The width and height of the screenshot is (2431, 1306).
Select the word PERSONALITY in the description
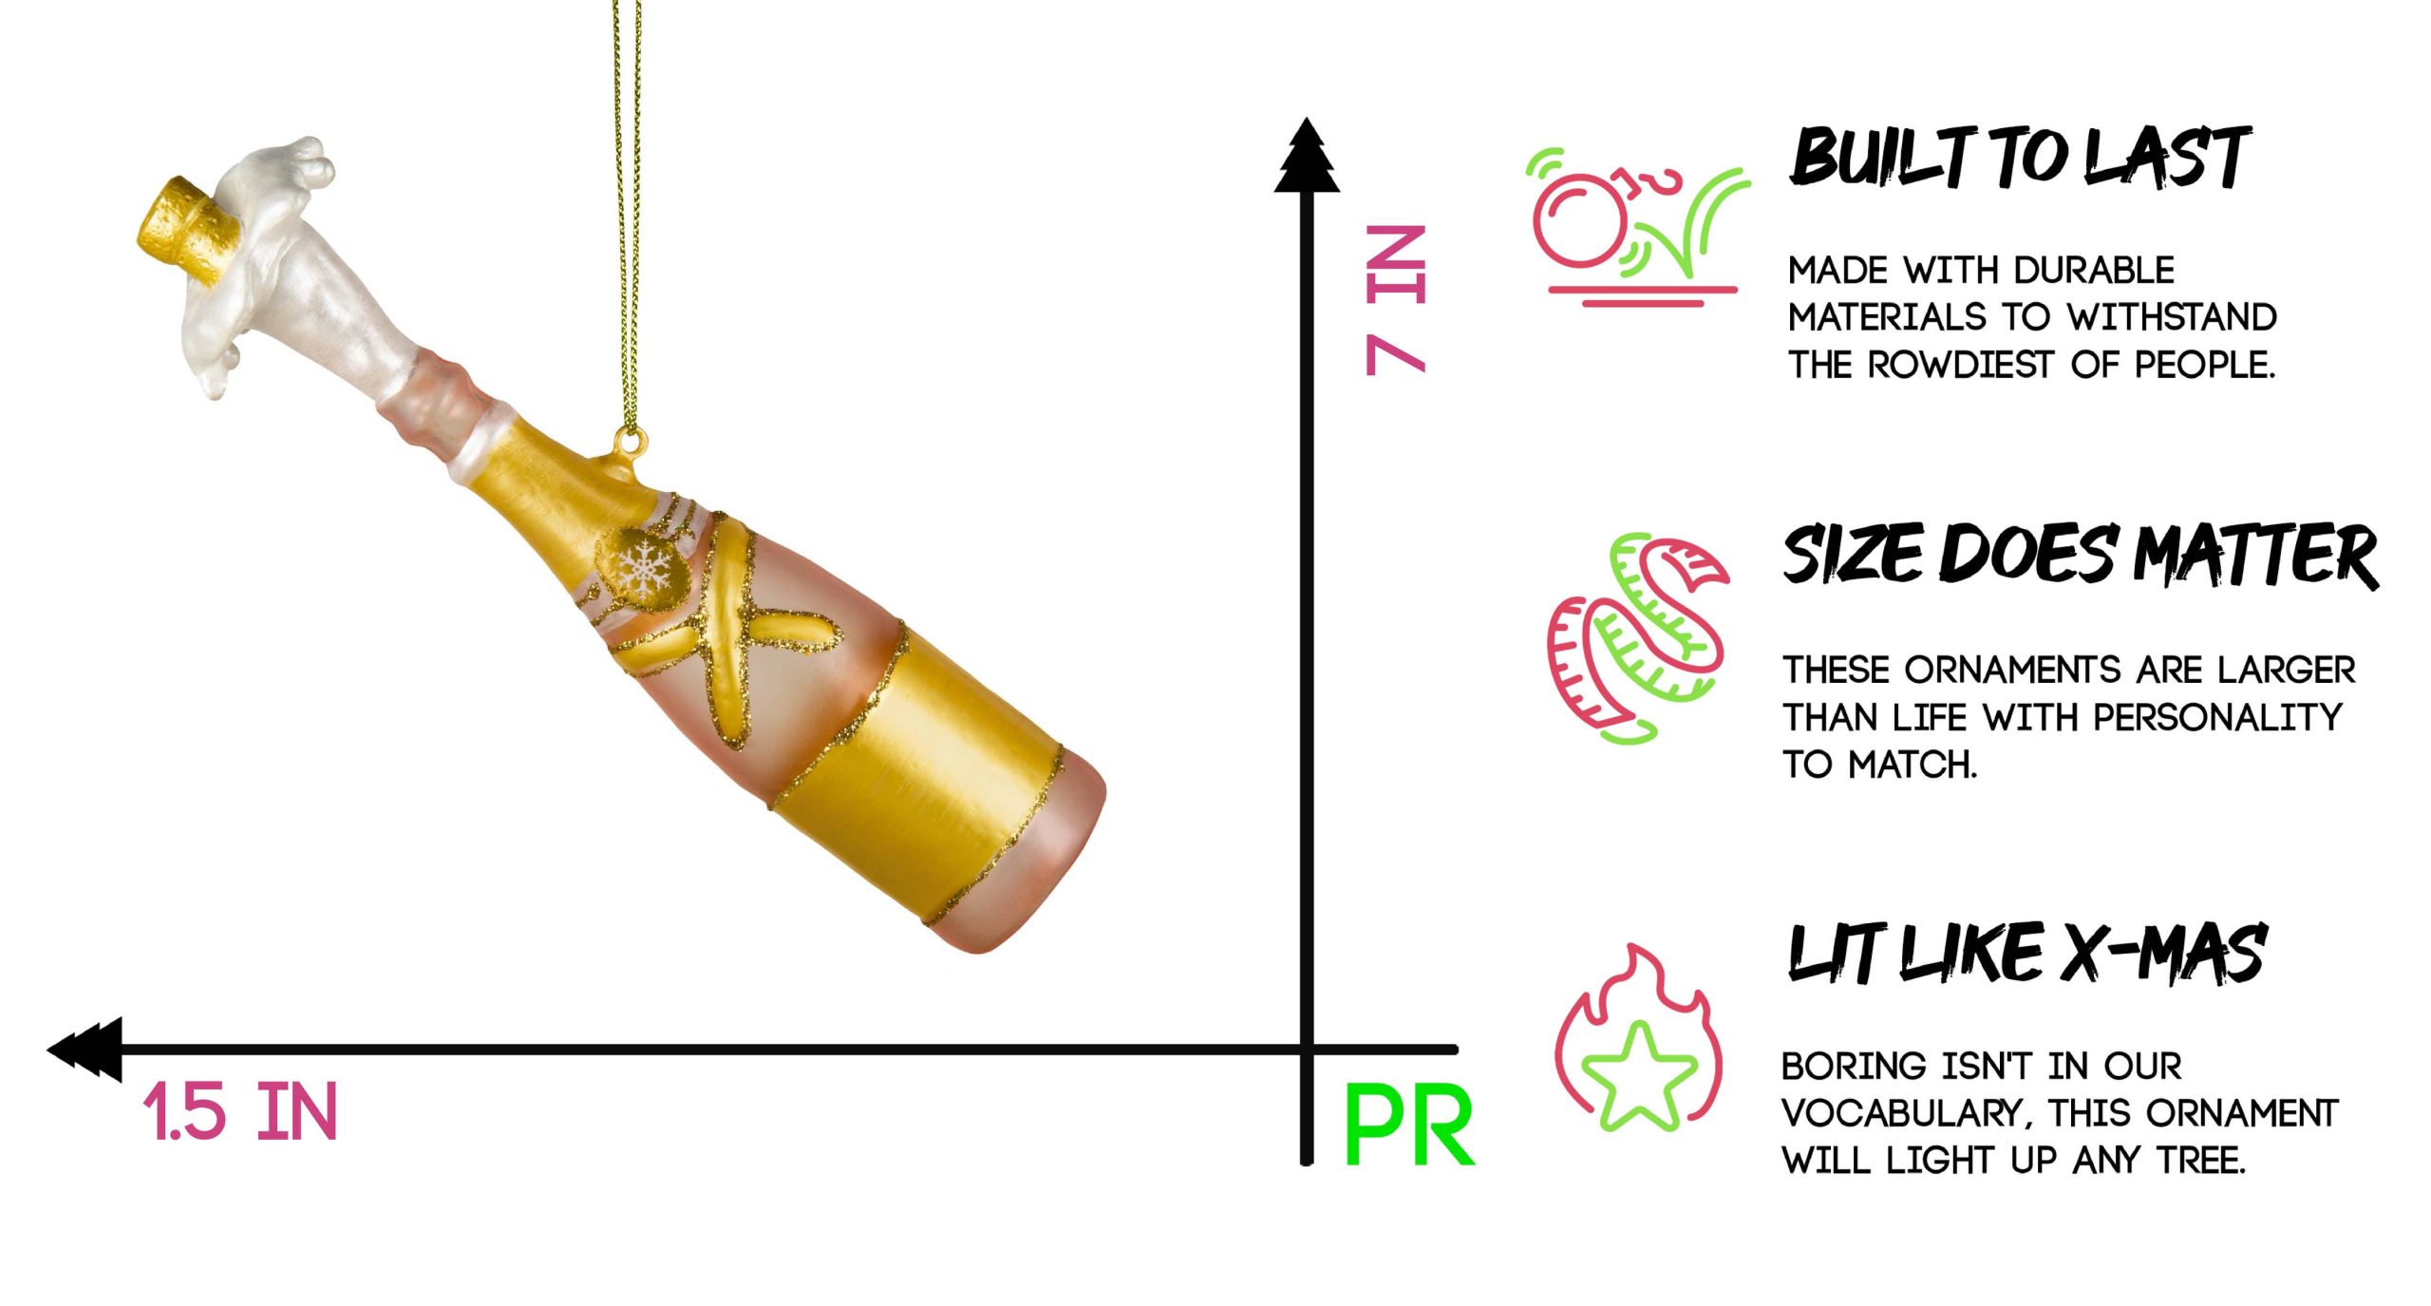coord(2217,717)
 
